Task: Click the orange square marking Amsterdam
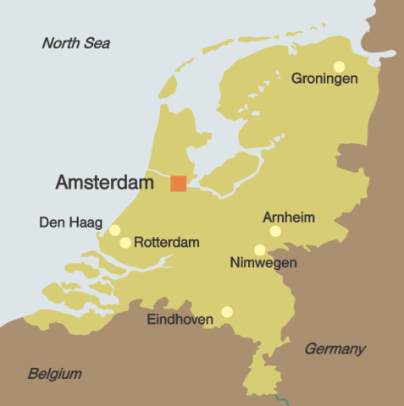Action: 179,183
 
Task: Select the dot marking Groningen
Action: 339,66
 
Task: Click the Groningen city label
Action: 325,80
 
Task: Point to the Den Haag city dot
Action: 114,230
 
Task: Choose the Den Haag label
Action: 70,223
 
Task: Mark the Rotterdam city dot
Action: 125,243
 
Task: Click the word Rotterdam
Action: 167,243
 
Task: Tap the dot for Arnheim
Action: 275,231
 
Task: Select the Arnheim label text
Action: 289,217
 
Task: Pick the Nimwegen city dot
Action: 260,250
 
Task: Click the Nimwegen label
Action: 263,264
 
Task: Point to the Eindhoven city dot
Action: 227,311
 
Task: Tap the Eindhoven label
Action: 180,320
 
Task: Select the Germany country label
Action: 335,348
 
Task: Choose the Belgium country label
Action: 54,373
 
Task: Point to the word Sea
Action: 97,43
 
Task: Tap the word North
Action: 61,43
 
